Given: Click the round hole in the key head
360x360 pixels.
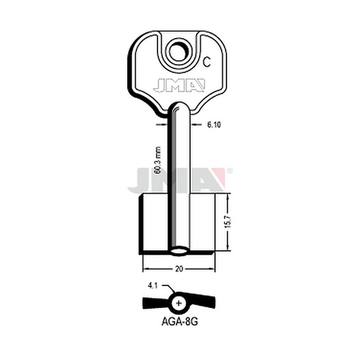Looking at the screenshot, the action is pyautogui.click(x=179, y=52).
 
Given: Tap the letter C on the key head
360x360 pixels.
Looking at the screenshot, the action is pyautogui.click(x=207, y=63).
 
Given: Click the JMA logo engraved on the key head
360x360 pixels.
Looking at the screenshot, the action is pyautogui.click(x=179, y=85).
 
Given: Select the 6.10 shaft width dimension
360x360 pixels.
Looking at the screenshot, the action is pyautogui.click(x=214, y=125).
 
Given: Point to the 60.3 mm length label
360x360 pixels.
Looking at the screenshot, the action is pyautogui.click(x=158, y=160).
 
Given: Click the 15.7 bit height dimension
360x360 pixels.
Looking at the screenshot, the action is pyautogui.click(x=229, y=221).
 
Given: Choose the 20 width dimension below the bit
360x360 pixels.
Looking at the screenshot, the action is pyautogui.click(x=179, y=269).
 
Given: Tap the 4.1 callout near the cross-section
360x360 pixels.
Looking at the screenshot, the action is pyautogui.click(x=153, y=286).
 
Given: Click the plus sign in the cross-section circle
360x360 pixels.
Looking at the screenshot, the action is pyautogui.click(x=179, y=303).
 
